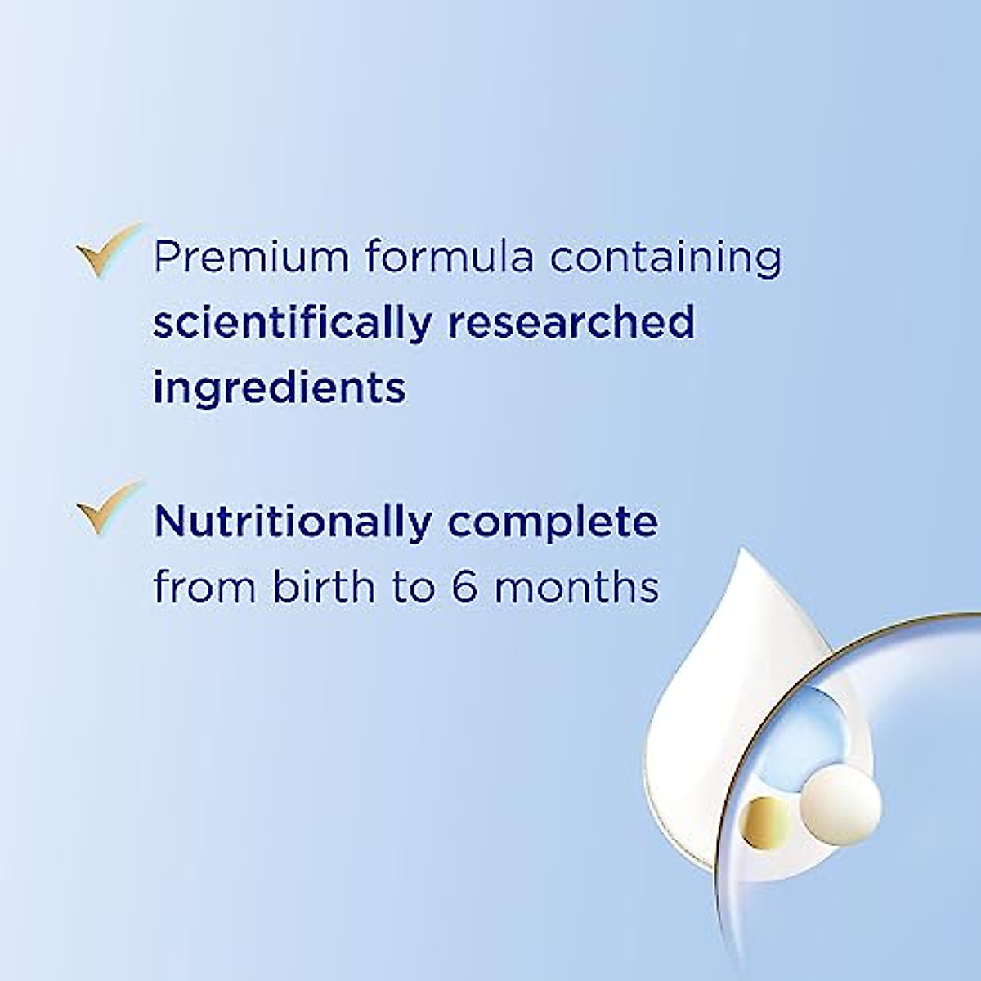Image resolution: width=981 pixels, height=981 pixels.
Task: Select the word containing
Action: pos(665,257)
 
